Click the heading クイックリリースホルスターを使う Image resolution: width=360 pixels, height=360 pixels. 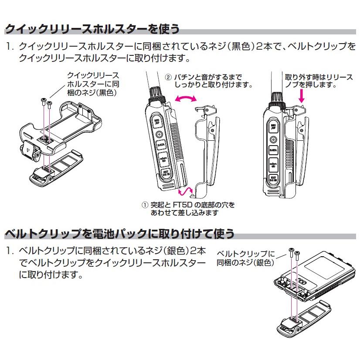(x=92, y=29)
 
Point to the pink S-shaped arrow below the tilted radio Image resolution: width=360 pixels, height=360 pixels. (x=186, y=191)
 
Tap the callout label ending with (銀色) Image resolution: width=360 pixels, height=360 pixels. (x=247, y=258)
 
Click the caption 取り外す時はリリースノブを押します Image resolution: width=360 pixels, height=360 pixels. (x=319, y=81)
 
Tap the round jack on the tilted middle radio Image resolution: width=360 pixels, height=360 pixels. (x=159, y=135)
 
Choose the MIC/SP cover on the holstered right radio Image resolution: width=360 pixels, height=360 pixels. (x=273, y=127)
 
